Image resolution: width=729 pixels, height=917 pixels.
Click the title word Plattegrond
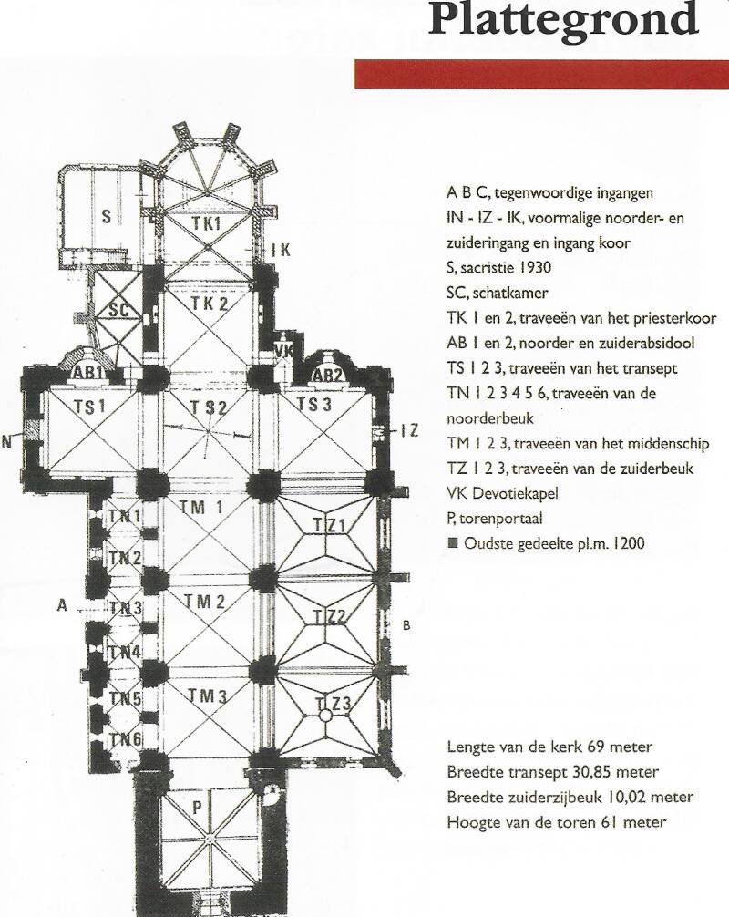coord(562,20)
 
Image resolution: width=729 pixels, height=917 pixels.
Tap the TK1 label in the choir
coord(208,222)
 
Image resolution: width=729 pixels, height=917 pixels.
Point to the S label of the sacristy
coord(107,217)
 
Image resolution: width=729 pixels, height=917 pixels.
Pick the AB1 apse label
coord(89,375)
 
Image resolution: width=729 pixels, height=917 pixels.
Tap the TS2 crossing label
coord(209,407)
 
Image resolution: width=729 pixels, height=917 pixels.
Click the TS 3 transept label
coord(314,405)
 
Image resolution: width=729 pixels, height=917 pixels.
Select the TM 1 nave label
coord(202,507)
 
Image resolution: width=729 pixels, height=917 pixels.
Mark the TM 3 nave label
coord(204,695)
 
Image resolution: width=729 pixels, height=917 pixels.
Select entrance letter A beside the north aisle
coord(62,605)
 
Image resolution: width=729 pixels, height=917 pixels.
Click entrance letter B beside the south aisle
coord(406,624)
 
